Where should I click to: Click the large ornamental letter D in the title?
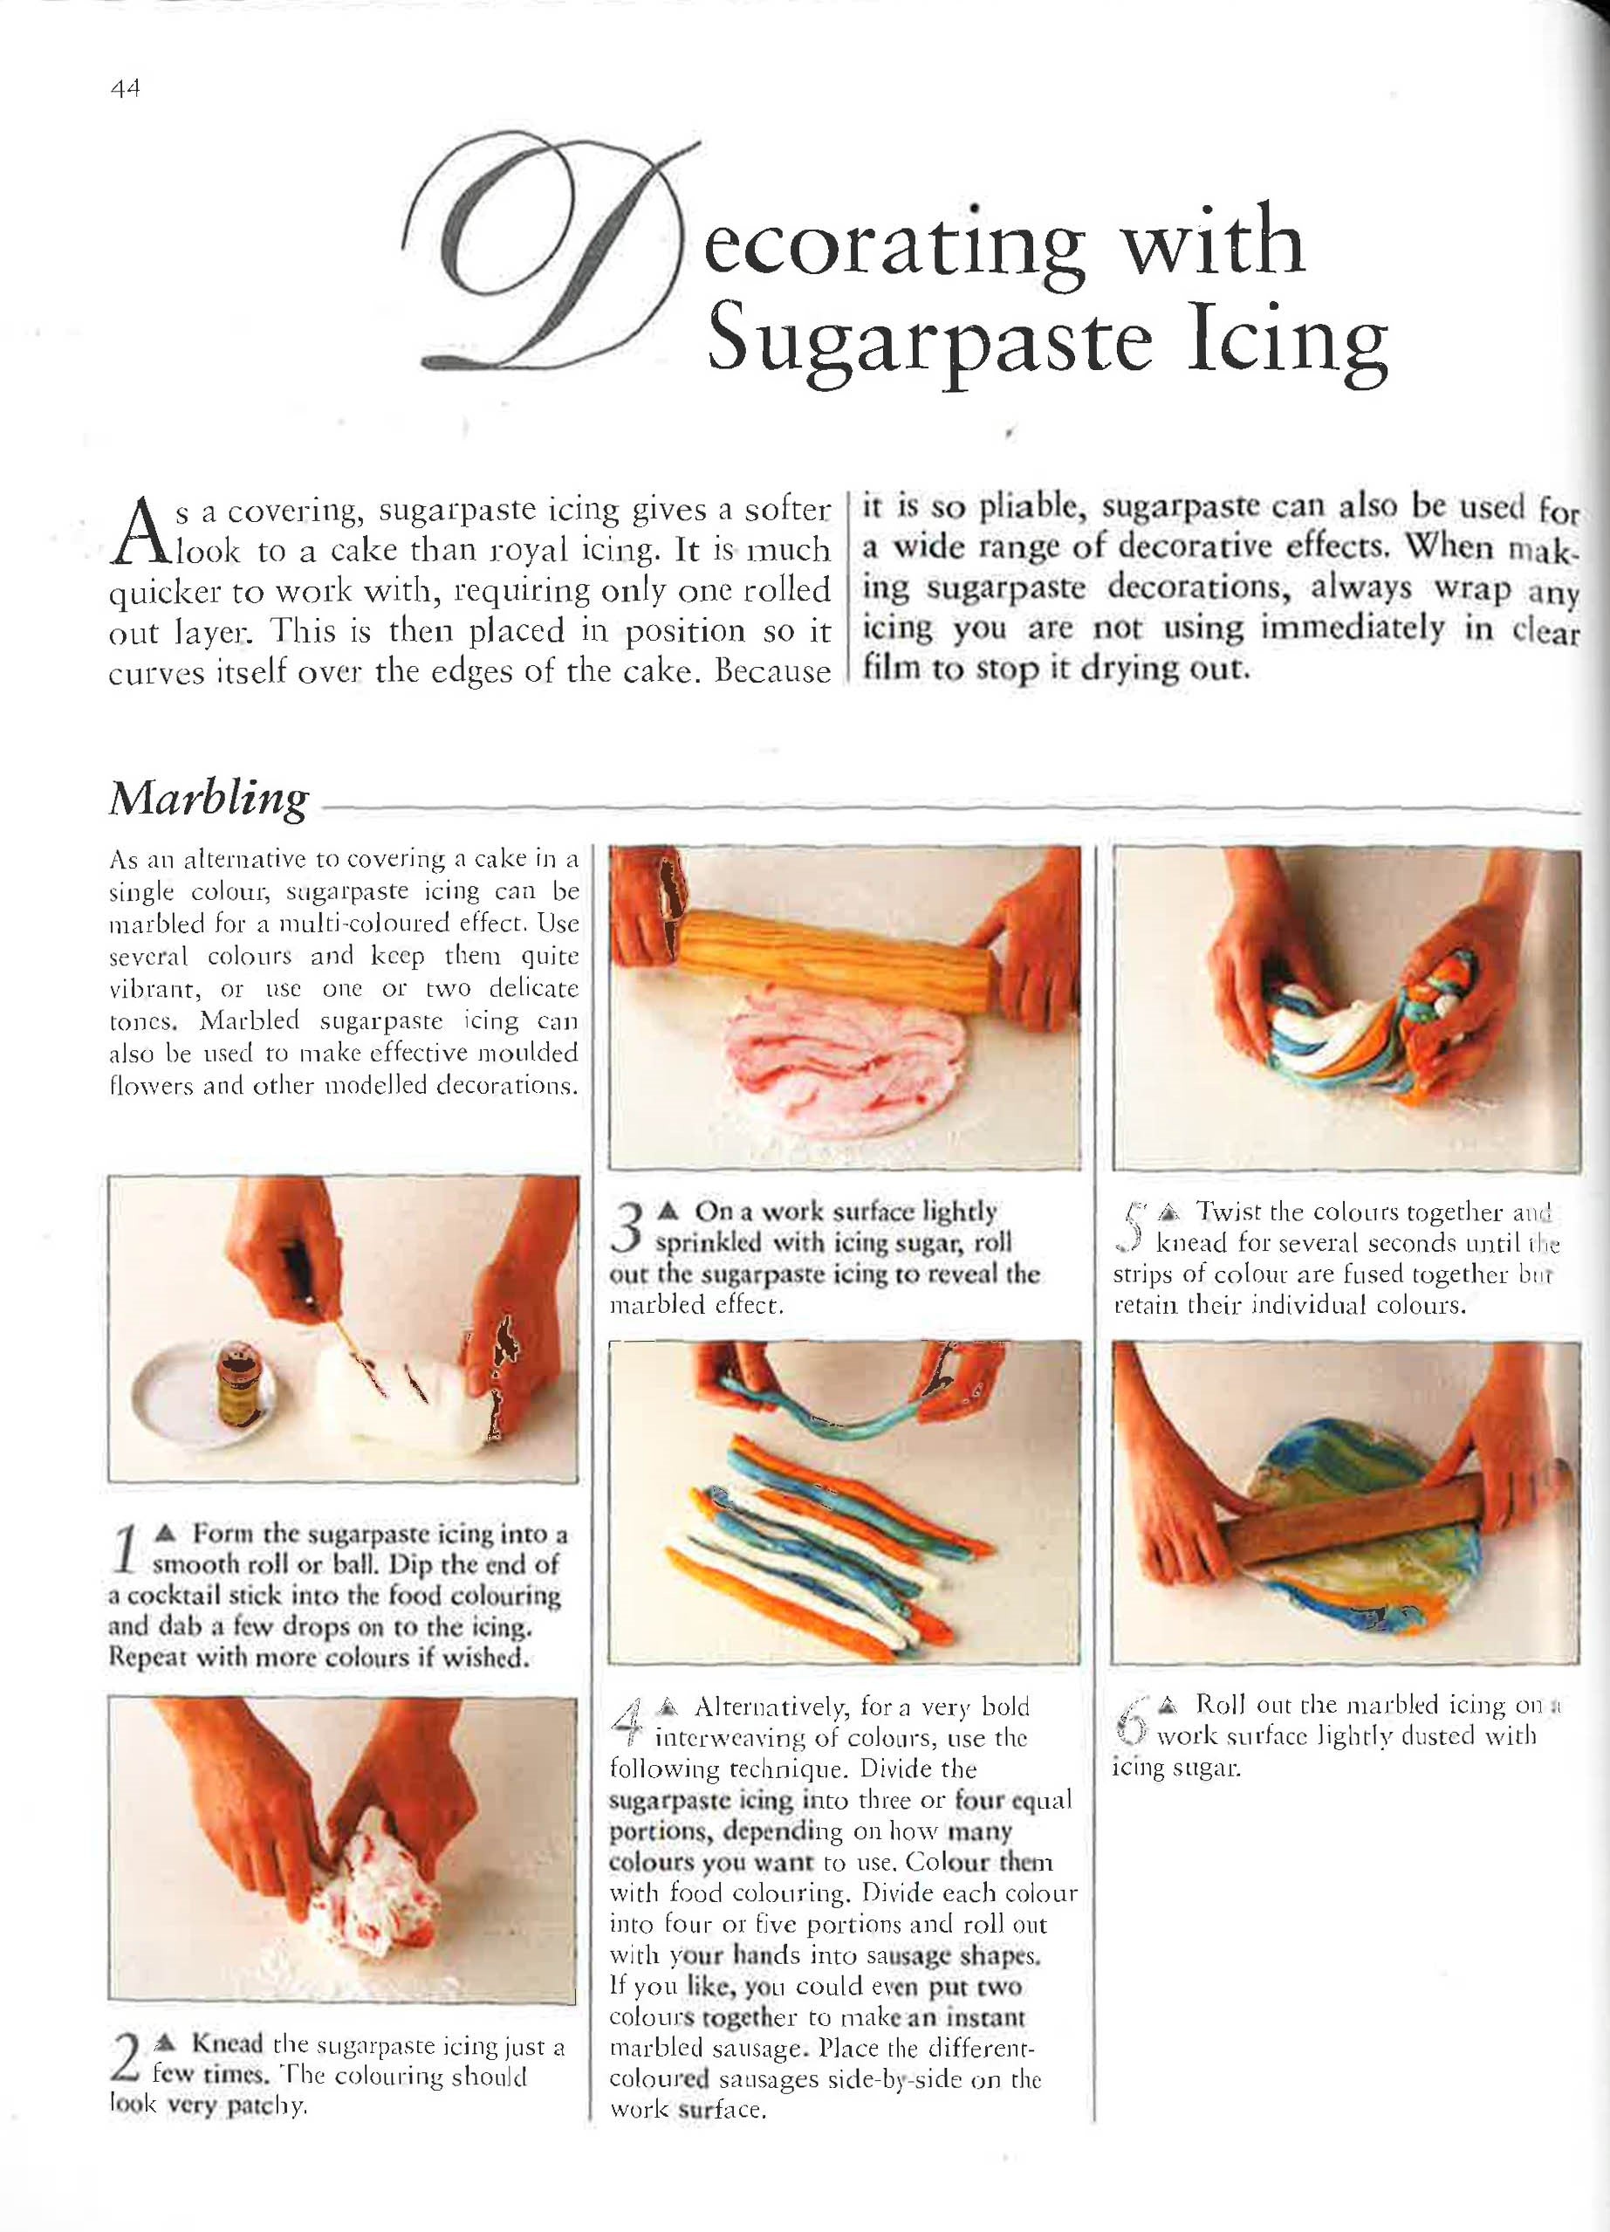point(546,261)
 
